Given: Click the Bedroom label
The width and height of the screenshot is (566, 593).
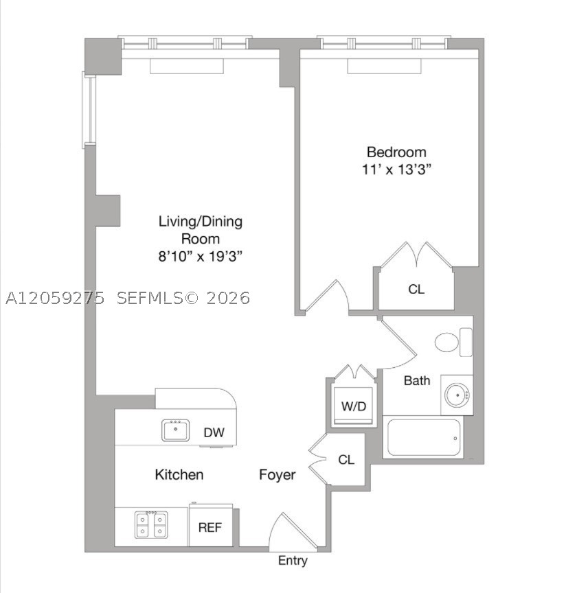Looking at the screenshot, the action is [396, 152].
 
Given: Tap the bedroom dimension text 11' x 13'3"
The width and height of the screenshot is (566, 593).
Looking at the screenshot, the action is [396, 170].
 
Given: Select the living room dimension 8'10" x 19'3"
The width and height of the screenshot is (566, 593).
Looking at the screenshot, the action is [201, 257].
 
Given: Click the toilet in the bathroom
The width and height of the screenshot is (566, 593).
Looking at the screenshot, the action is [453, 342].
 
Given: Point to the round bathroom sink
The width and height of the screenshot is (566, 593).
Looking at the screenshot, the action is [457, 395].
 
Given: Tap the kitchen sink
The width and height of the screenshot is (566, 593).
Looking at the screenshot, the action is [176, 430].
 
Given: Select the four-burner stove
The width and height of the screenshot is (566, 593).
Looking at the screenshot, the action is [151, 524].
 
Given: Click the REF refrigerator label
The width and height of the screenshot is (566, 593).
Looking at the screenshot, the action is [210, 528].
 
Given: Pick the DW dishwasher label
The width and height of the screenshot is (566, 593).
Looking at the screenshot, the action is [214, 432].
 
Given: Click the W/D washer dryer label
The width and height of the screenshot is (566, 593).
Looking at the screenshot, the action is [354, 406].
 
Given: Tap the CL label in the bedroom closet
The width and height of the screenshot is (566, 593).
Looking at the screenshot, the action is [416, 290].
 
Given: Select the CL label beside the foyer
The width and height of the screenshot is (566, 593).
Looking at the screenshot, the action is [346, 460].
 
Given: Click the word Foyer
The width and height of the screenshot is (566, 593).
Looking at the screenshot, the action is [277, 475].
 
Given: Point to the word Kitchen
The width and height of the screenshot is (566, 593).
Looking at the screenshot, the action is [179, 475].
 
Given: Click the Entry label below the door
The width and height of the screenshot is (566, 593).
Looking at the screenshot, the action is [293, 561].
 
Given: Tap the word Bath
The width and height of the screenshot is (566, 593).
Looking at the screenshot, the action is [417, 380].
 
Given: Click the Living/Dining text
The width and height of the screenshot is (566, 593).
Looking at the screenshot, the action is [201, 222].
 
